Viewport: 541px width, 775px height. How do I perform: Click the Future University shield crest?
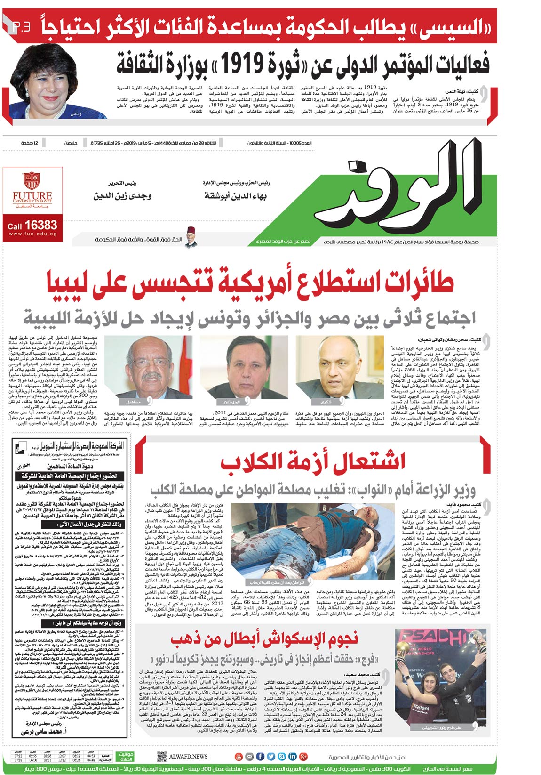click(x=32, y=180)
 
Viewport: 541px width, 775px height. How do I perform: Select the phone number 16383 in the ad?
click(x=41, y=226)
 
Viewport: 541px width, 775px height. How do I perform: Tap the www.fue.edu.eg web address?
click(x=32, y=234)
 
